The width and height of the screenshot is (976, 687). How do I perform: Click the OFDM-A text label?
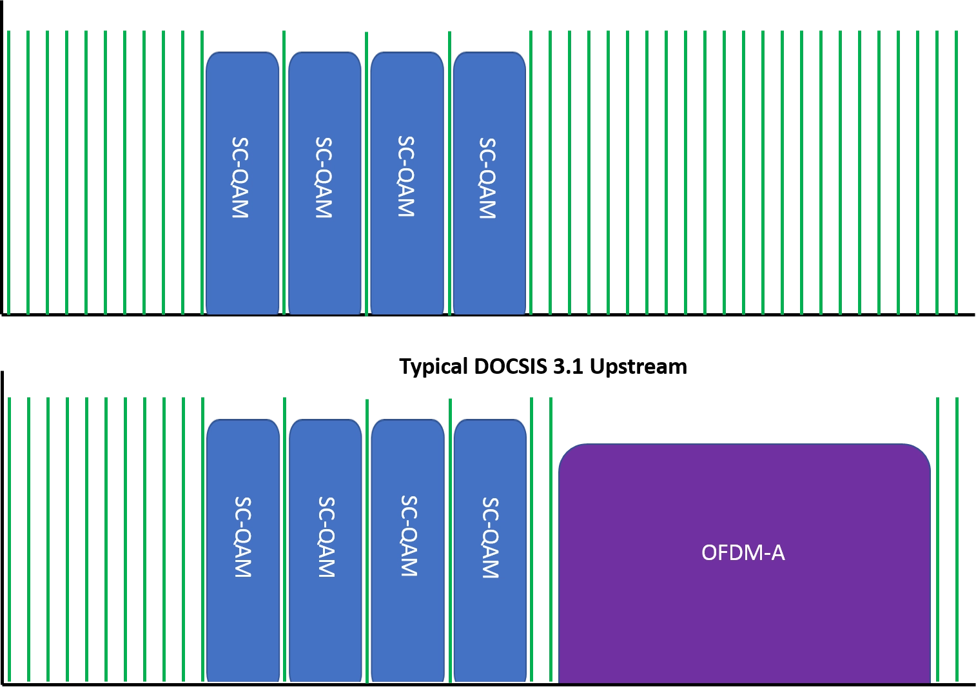[x=743, y=553]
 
